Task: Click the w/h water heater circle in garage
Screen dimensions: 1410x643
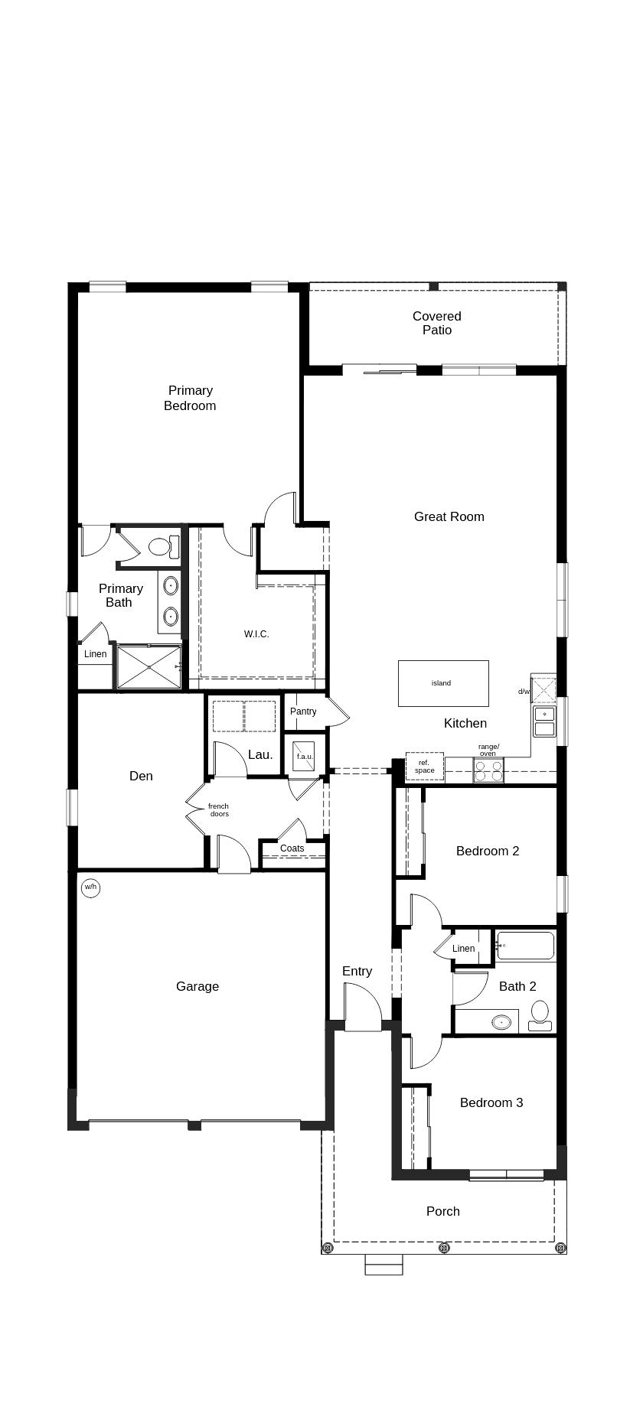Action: point(91,887)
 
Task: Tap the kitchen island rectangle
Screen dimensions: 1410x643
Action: point(443,683)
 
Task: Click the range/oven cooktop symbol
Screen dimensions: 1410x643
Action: point(488,771)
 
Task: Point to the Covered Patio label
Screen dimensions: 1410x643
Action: point(437,323)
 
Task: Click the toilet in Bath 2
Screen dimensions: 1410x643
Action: point(540,1014)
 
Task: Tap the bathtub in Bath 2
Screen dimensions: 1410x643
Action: point(525,946)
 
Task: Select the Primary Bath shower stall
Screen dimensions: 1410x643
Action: point(149,667)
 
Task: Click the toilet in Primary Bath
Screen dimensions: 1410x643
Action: point(163,547)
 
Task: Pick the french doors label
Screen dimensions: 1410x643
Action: point(218,809)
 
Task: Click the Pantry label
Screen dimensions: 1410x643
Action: point(303,712)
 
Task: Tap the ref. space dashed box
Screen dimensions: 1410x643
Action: point(425,767)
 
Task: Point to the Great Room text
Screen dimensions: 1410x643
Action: point(449,517)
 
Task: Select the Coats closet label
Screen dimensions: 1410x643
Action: point(292,848)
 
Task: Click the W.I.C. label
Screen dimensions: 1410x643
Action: point(256,634)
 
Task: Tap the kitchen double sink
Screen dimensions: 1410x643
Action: point(544,721)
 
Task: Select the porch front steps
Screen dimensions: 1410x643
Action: point(384,1265)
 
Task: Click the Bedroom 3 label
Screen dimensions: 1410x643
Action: point(491,1102)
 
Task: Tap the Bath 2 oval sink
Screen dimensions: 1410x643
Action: point(501,1021)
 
